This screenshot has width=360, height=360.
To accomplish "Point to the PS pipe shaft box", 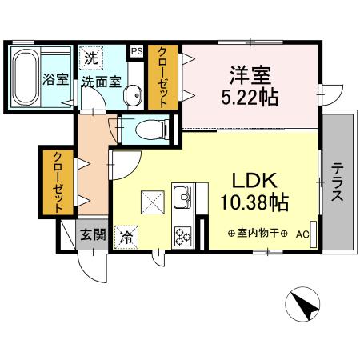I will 137,50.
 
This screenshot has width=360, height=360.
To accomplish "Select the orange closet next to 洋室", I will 163,77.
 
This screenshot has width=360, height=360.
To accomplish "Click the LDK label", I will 255,179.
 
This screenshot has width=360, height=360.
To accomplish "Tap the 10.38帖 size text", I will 255,201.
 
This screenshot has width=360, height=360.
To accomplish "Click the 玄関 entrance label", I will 92,234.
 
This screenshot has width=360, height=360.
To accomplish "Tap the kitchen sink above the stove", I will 183,196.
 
